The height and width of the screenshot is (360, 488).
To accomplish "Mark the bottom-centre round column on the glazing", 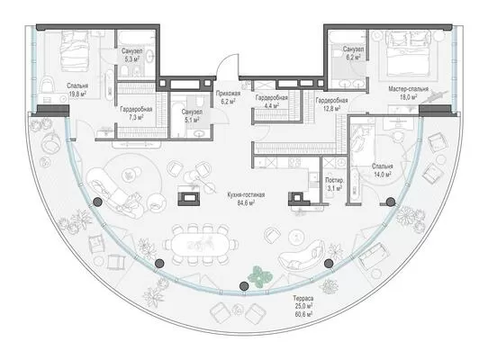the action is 244,285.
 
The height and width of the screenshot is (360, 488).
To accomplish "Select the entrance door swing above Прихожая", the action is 228,65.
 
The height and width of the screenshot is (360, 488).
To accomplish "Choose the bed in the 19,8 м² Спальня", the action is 75,50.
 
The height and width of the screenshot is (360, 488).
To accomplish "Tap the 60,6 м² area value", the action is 303,315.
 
